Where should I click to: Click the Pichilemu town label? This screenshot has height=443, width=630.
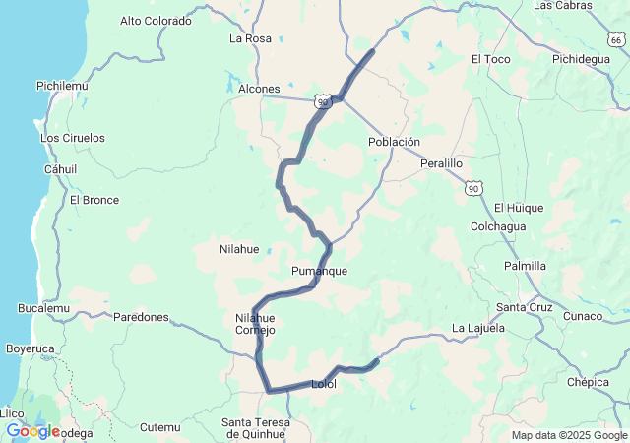click(x=62, y=86)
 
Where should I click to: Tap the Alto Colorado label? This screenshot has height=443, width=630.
click(x=156, y=20)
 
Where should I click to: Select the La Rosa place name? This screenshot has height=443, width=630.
click(x=250, y=38)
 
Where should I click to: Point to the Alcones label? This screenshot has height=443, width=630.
click(x=260, y=89)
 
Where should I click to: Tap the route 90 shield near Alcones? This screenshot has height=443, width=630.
click(x=323, y=100)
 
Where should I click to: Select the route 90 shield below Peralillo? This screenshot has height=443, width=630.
click(x=474, y=187)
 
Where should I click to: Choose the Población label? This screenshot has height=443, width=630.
click(x=394, y=142)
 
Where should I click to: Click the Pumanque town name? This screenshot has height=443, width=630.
click(x=319, y=271)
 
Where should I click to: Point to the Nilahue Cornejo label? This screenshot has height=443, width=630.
click(x=256, y=324)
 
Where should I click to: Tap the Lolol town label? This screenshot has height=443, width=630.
click(x=323, y=384)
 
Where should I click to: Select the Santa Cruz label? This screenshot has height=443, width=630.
click(x=524, y=307)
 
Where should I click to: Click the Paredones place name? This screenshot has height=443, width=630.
click(x=141, y=317)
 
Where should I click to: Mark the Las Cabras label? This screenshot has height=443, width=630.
click(x=563, y=6)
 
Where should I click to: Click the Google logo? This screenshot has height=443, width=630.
click(x=32, y=431)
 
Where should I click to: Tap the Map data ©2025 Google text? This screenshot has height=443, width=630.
click(x=568, y=435)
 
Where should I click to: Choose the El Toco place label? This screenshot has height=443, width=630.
click(x=490, y=59)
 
